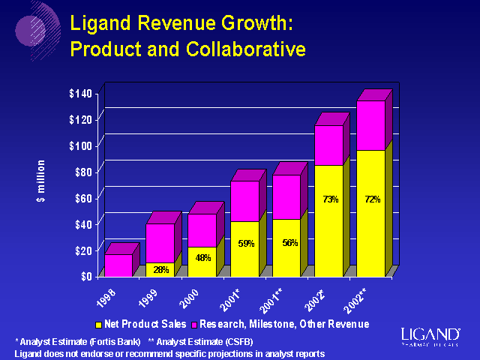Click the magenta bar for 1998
118,265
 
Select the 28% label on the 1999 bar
160,269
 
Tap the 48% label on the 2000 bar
202,257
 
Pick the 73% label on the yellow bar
330,199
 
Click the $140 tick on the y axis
80,93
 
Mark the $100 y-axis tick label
80,145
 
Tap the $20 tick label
82,250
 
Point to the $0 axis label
86,275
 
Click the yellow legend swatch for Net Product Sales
97,325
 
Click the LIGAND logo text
430,334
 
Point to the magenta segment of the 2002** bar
370,125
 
